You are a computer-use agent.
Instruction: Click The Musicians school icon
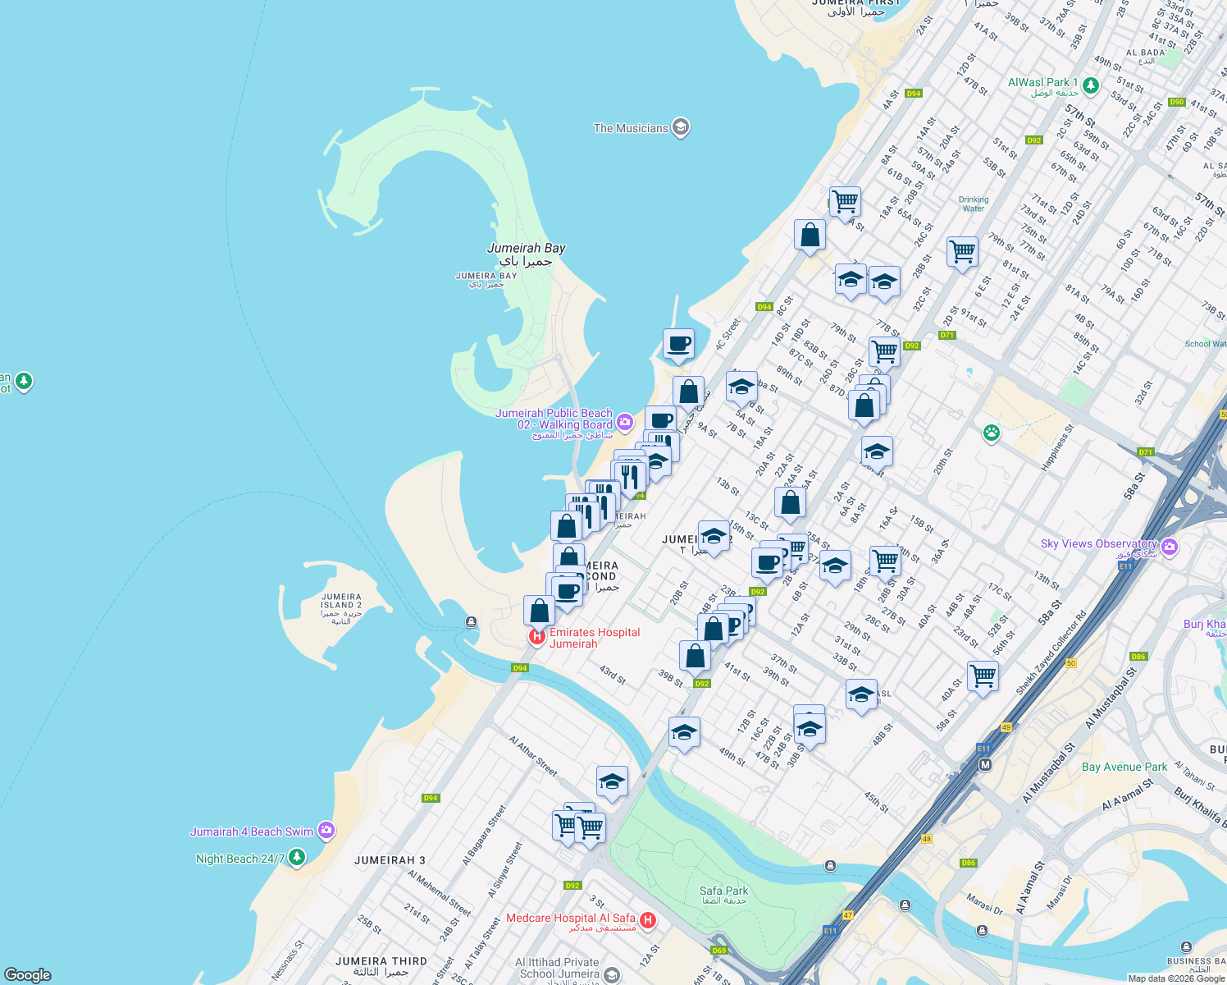point(681,127)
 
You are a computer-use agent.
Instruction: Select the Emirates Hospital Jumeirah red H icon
point(537,637)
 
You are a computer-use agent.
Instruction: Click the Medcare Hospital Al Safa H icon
point(648,920)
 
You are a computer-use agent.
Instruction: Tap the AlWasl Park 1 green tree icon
point(1090,85)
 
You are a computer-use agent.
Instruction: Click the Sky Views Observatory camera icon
point(1170,547)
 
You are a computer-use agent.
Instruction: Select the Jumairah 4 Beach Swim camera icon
point(326,831)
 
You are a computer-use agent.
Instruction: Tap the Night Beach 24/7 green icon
point(297,858)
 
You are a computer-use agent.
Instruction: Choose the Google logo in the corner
point(28,974)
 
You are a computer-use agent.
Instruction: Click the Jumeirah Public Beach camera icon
point(625,422)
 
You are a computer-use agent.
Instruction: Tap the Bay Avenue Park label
point(1124,767)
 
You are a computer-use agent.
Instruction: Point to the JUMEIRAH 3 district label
point(390,860)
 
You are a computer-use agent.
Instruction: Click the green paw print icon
point(992,432)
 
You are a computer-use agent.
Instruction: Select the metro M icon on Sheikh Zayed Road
point(986,764)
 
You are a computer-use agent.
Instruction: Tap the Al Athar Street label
point(532,756)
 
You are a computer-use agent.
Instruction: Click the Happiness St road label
point(1056,447)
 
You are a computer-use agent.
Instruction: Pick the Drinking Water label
point(974,204)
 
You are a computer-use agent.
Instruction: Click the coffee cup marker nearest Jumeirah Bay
point(678,345)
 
